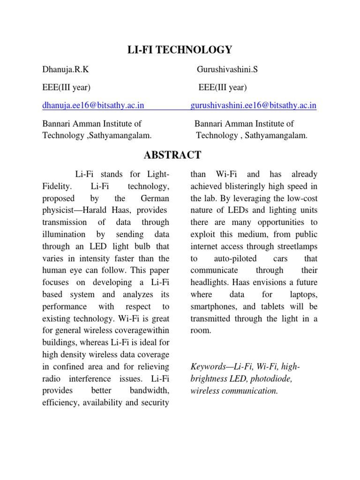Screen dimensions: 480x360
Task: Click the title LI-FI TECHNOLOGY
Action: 180,50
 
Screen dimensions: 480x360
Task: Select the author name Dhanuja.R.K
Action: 66,70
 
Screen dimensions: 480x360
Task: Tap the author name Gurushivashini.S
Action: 227,70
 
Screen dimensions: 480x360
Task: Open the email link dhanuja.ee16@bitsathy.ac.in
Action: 93,106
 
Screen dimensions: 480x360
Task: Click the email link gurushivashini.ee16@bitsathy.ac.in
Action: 254,106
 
